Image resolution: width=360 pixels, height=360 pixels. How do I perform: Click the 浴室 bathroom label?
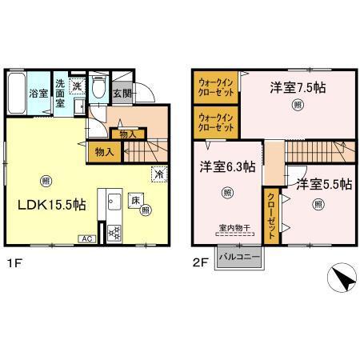click(38, 94)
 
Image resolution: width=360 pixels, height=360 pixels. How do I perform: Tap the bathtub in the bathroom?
click(17, 94)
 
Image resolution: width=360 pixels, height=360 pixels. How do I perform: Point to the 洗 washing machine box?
click(77, 86)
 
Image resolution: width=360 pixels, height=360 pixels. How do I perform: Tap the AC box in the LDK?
click(85, 238)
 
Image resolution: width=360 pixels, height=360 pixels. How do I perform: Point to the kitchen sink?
click(112, 200)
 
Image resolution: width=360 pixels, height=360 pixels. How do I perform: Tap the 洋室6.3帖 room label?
click(227, 166)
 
